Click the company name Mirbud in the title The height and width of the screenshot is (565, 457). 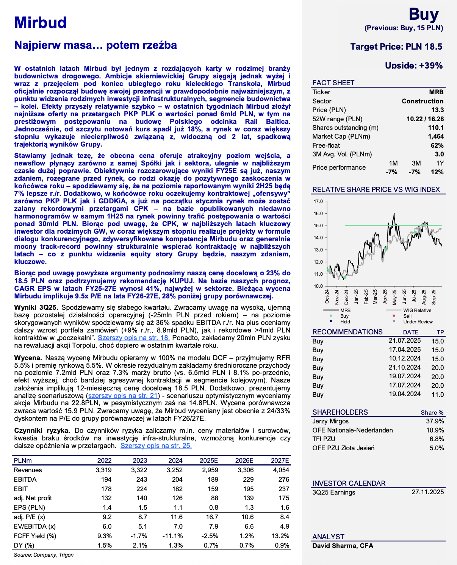tap(41, 23)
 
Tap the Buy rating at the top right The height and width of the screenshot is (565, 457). tap(423, 14)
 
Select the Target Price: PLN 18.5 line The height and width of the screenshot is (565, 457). tap(396, 47)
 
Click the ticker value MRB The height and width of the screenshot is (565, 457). tap(436, 92)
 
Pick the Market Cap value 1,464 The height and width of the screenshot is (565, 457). tap(436, 136)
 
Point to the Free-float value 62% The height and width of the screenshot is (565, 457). tap(437, 145)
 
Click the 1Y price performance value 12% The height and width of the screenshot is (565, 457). tap(437, 172)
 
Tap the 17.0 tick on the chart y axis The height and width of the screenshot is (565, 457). tap(318, 201)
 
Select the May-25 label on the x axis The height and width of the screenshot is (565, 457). tap(394, 297)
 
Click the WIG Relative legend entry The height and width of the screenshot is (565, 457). tap(417, 310)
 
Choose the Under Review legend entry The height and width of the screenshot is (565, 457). tap(418, 322)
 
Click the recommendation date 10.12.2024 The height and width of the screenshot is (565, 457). tap(404, 358)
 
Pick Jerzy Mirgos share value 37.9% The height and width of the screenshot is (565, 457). tap(435, 421)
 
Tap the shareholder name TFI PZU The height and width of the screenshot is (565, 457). tap(324, 439)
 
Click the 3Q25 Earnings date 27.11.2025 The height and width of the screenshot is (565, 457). tap(427, 492)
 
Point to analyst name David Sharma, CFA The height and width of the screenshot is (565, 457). tap(343, 546)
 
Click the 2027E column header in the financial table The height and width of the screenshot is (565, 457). tap(280, 460)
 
